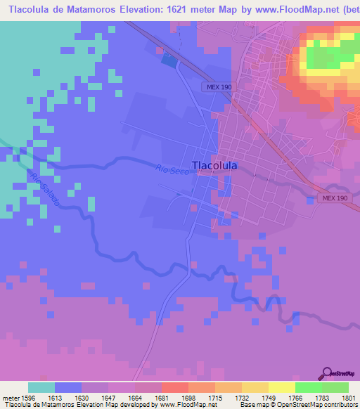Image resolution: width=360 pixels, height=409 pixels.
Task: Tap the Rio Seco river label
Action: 172,169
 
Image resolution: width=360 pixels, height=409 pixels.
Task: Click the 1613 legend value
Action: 68,397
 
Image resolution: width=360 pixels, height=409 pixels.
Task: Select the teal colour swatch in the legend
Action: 41,387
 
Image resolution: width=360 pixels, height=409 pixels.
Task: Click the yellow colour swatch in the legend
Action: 281,387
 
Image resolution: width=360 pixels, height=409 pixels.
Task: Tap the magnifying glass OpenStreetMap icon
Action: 326,373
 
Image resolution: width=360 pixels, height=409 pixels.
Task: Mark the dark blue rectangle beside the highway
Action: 170,60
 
